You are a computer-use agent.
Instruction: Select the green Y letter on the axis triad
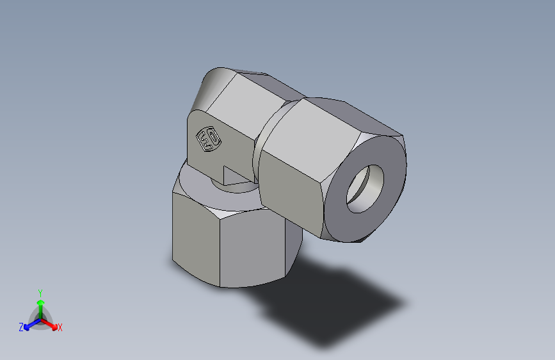(x=40, y=292)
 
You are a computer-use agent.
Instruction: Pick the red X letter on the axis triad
(x=60, y=328)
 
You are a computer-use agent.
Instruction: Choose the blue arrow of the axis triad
(x=29, y=324)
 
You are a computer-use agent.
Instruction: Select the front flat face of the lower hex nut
(x=252, y=247)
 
